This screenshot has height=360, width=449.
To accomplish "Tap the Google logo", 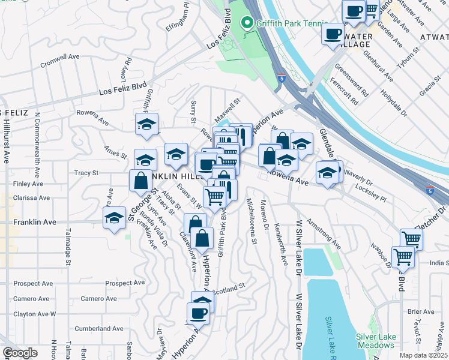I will [x=19, y=353].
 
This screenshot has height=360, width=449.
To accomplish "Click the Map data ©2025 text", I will [x=423, y=355].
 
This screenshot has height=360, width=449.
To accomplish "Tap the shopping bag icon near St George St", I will [x=140, y=181].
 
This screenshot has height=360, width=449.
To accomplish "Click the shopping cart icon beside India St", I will [x=403, y=257].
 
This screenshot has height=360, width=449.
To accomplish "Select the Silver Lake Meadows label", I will [x=375, y=341].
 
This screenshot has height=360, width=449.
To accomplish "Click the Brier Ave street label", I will [x=421, y=311].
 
